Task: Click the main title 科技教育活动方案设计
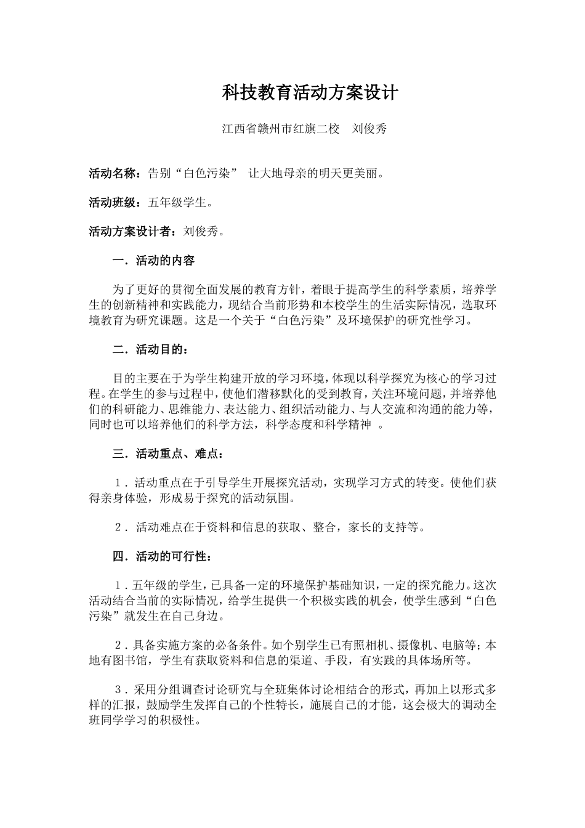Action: [310, 93]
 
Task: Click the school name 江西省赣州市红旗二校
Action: [281, 129]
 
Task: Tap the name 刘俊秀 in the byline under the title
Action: [369, 129]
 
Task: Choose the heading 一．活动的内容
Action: [153, 261]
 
